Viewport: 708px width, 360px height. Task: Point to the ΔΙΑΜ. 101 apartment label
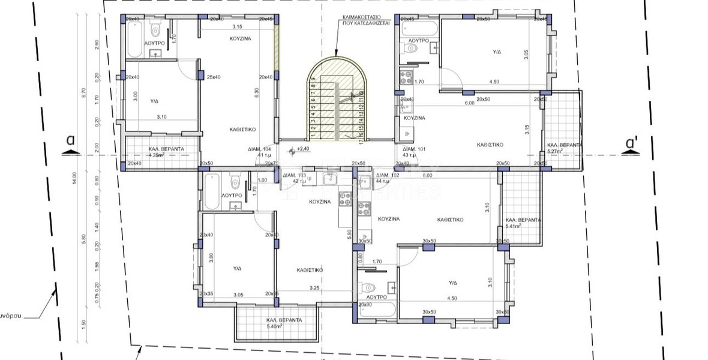pyautogui.click(x=413, y=148)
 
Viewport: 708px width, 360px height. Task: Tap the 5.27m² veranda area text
pyautogui.click(x=555, y=152)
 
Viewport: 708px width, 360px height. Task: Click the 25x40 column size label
pyautogui.click(x=214, y=77)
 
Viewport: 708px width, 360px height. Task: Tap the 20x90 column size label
pyautogui.click(x=365, y=305)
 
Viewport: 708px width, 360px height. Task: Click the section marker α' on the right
pyautogui.click(x=631, y=144)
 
